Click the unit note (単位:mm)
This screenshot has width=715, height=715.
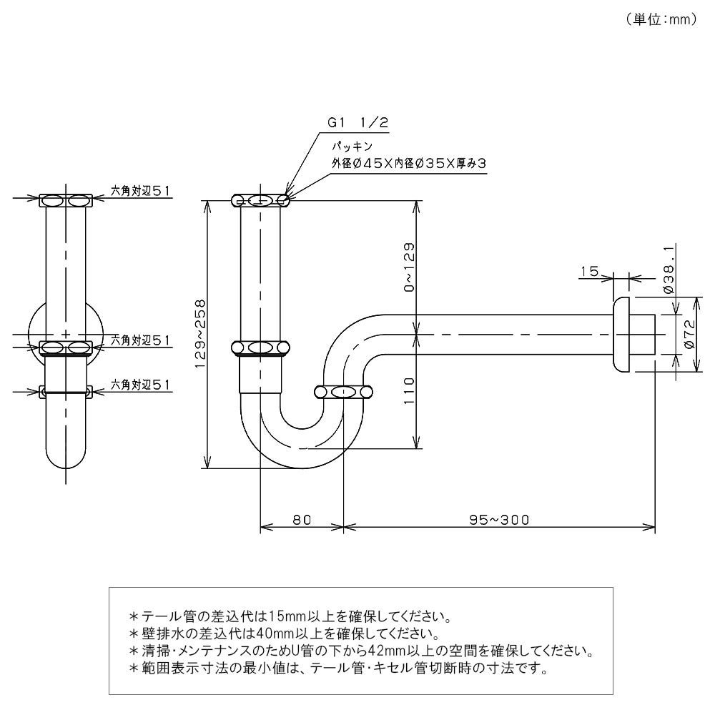[661, 20]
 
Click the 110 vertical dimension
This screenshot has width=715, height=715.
[409, 390]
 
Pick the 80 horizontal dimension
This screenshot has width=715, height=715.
[302, 520]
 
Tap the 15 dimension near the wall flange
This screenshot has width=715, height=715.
[589, 272]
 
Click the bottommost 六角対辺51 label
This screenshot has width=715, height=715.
[140, 385]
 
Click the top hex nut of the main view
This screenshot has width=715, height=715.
[261, 200]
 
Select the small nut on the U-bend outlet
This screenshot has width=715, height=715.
[344, 392]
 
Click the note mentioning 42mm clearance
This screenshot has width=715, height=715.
[361, 651]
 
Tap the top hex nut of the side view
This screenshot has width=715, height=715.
[66, 201]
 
